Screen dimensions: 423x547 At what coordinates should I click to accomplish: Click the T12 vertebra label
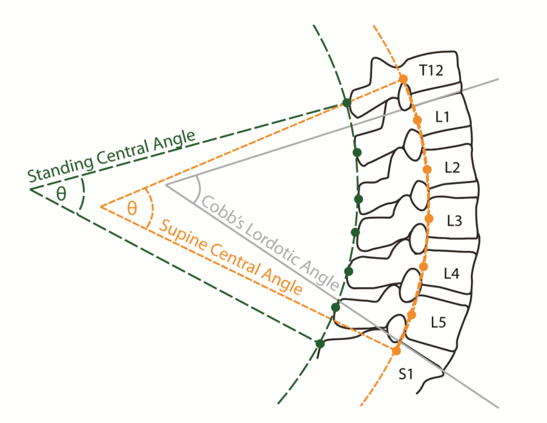click(x=431, y=70)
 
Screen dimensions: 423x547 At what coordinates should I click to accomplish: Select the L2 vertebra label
click(x=452, y=167)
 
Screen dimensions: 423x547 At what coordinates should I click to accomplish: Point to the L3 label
click(x=454, y=221)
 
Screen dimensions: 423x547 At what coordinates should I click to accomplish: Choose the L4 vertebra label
click(x=452, y=273)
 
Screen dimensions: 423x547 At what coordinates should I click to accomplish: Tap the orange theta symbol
click(x=132, y=207)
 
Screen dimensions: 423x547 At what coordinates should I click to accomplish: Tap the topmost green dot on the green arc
click(x=347, y=102)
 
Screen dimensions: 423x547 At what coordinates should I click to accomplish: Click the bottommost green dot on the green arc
click(x=320, y=343)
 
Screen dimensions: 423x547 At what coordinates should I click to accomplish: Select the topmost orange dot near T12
click(x=403, y=79)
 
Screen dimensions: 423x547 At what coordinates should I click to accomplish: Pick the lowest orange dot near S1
click(x=396, y=351)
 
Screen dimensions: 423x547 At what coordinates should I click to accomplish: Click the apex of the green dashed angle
click(x=30, y=189)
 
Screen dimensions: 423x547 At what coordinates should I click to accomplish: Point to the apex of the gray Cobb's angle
click(x=166, y=185)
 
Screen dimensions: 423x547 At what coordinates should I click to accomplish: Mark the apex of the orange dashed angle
click(x=101, y=207)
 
